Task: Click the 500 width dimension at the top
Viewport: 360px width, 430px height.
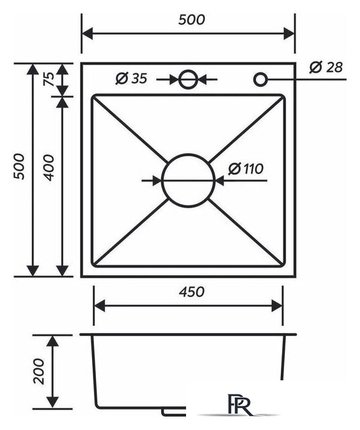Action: [x=191, y=20]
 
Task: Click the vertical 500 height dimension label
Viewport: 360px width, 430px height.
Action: [x=19, y=167]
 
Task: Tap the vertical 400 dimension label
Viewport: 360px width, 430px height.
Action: [x=49, y=167]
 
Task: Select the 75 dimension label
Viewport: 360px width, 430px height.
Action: [x=49, y=79]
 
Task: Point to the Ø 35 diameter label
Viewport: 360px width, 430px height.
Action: [x=132, y=79]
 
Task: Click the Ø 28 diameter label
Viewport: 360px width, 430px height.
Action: [x=326, y=67]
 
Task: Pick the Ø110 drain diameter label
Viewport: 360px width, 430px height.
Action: [x=246, y=169]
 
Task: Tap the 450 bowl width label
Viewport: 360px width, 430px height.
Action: [x=191, y=292]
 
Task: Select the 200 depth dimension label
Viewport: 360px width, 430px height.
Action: [x=39, y=371]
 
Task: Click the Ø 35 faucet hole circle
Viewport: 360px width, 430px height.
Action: [x=188, y=71]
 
